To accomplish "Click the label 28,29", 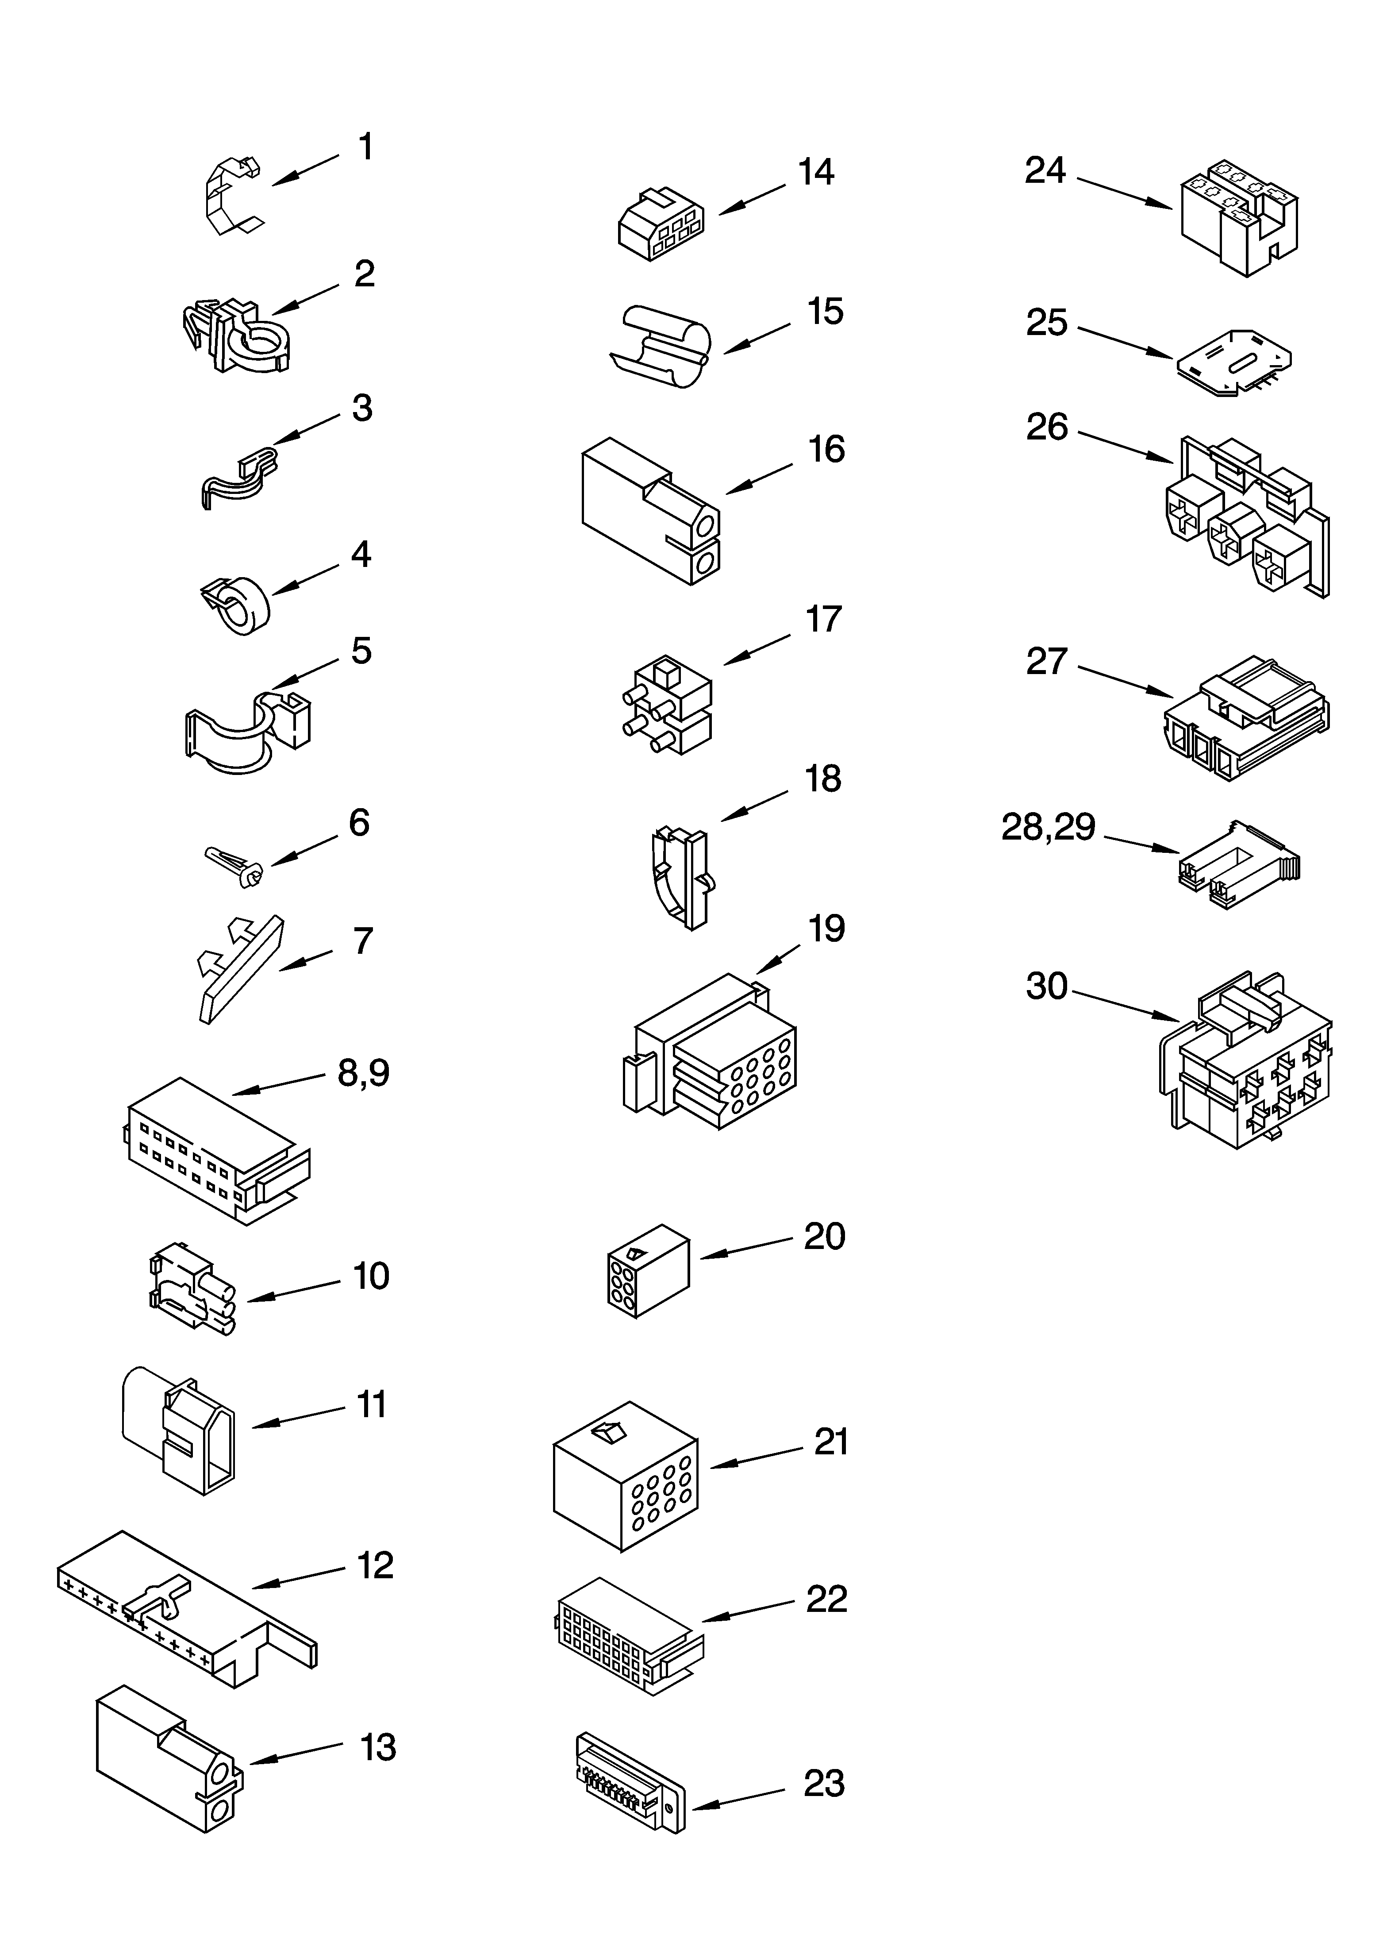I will click(1048, 827).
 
